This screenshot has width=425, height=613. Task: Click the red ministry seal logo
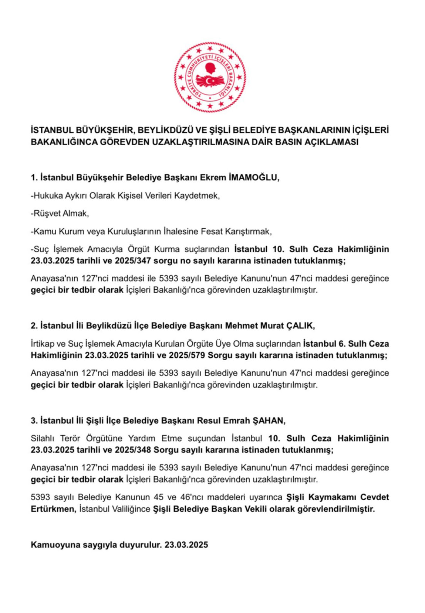(210, 77)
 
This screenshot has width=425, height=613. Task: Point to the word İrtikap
(43, 344)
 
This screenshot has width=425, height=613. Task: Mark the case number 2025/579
(187, 355)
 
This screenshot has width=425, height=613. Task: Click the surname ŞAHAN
(269, 420)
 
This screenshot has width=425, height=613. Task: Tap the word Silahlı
(43, 438)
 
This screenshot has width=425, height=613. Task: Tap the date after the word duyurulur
(186, 545)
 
